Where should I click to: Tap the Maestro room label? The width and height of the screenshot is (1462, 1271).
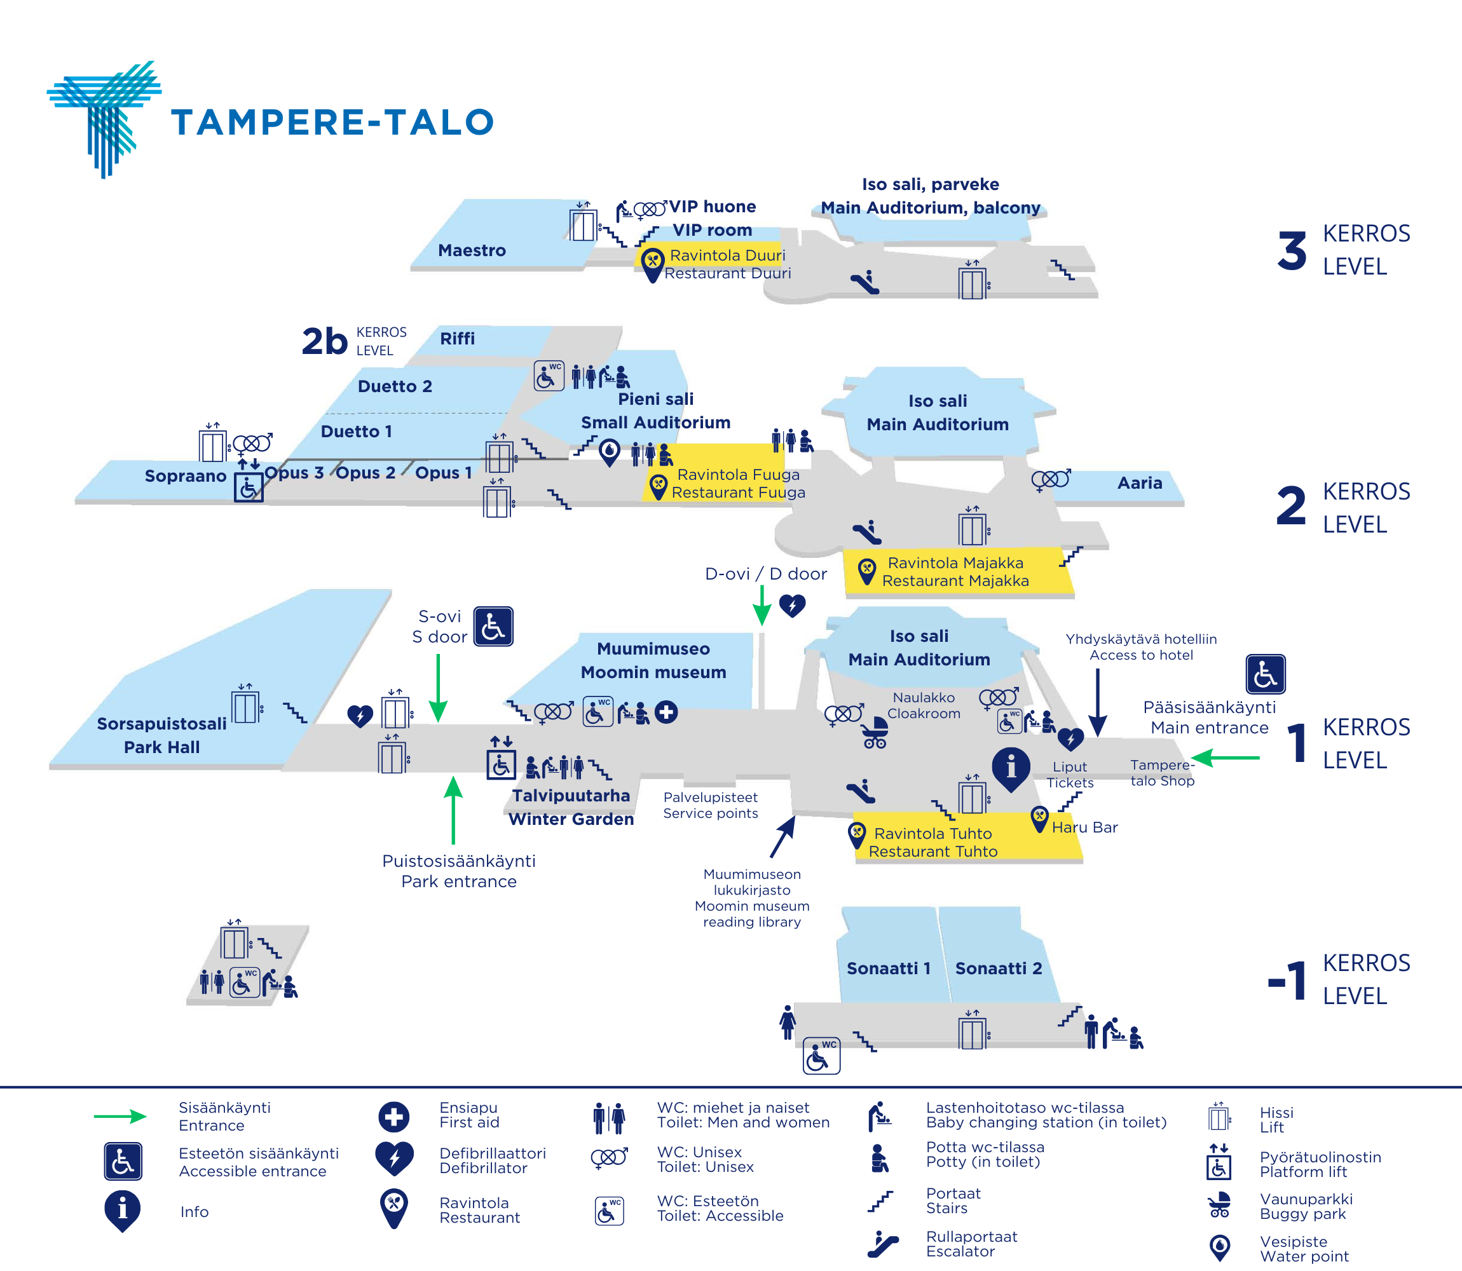pyautogui.click(x=472, y=250)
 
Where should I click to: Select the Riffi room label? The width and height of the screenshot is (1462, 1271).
pyautogui.click(x=458, y=338)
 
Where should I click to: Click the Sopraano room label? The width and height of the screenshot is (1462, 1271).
pyautogui.click(x=185, y=475)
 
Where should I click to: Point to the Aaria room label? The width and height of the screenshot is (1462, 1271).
pyautogui.click(x=1140, y=483)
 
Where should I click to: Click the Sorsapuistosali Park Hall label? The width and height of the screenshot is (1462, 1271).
pyautogui.click(x=161, y=735)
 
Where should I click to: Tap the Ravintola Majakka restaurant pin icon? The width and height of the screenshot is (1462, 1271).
pyautogui.click(x=867, y=571)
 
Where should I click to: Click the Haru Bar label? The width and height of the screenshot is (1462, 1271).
pyautogui.click(x=1084, y=827)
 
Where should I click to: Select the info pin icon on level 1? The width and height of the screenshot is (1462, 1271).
pyautogui.click(x=1011, y=769)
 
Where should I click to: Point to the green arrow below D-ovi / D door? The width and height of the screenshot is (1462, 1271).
pyautogui.click(x=762, y=605)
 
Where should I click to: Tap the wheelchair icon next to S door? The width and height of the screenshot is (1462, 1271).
pyautogui.click(x=493, y=626)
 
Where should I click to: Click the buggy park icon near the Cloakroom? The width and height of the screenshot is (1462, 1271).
pyautogui.click(x=875, y=733)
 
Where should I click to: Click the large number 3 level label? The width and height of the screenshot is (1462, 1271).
pyautogui.click(x=1292, y=251)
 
